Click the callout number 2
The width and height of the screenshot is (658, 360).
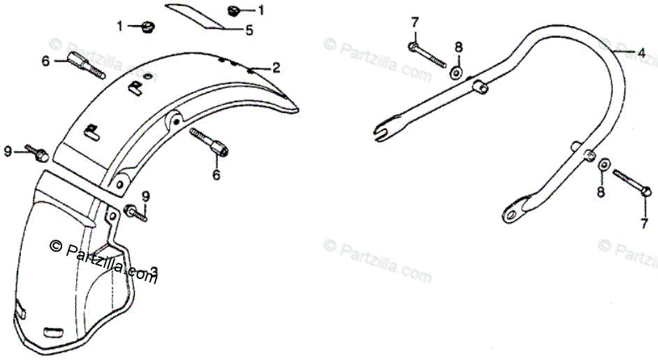click(276, 68)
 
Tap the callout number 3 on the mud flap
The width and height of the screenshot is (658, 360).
click(154, 271)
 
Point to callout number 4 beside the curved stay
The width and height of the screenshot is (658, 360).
click(641, 52)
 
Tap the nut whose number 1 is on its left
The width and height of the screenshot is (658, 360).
click(147, 27)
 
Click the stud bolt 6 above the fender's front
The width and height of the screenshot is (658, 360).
click(85, 65)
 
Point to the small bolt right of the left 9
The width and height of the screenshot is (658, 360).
click(36, 151)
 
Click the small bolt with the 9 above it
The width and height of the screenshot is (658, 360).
click(136, 213)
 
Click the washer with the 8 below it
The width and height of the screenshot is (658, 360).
click(602, 164)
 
